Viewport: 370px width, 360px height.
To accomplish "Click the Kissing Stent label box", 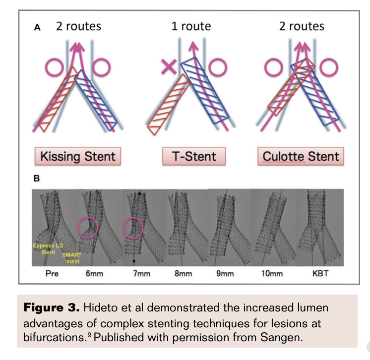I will coord(77,157).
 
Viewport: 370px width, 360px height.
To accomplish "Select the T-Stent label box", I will coord(194,157).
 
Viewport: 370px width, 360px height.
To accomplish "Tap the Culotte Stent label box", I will coord(301,157).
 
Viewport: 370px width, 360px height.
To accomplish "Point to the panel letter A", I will coord(37,28).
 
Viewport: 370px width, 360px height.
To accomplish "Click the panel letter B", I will coord(36,178).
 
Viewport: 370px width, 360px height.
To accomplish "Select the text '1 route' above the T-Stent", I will coord(191,26).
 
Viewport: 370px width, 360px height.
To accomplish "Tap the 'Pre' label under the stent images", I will coord(52,273).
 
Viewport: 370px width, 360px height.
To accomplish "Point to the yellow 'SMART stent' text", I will coord(72,258).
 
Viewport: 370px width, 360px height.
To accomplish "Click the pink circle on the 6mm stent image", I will coord(88,227).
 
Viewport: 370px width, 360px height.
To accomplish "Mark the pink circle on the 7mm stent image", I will coord(132,228).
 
